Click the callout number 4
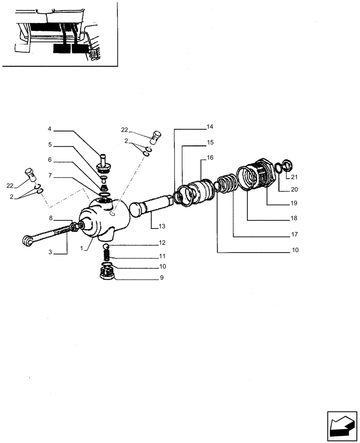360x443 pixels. [x=50, y=129]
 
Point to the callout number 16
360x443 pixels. [x=210, y=157]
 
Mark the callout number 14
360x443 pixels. [x=210, y=127]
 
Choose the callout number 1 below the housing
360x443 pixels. [x=82, y=249]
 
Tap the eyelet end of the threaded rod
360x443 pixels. [x=28, y=240]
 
